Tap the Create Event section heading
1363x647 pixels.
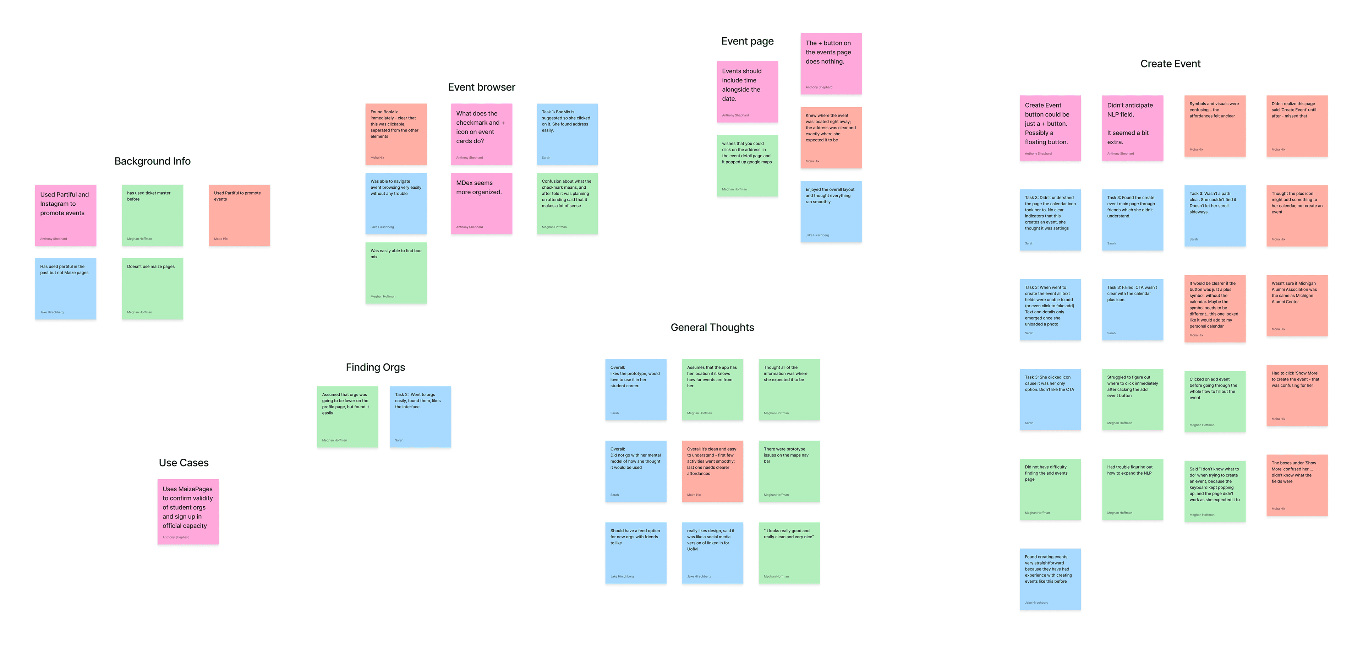1170,64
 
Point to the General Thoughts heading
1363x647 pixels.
712,328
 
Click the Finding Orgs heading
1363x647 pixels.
375,367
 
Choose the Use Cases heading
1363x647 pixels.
184,463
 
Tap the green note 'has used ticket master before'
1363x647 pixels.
152,215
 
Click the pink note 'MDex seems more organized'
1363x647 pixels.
481,203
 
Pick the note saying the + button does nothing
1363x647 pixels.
830,64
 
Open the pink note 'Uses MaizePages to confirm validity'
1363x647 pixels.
188,512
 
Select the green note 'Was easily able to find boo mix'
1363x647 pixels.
396,273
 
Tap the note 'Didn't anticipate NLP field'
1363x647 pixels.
1132,128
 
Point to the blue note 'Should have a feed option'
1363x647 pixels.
635,553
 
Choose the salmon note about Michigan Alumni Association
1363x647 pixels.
1296,306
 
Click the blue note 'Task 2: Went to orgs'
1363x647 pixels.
420,417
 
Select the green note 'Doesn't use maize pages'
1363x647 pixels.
152,289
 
